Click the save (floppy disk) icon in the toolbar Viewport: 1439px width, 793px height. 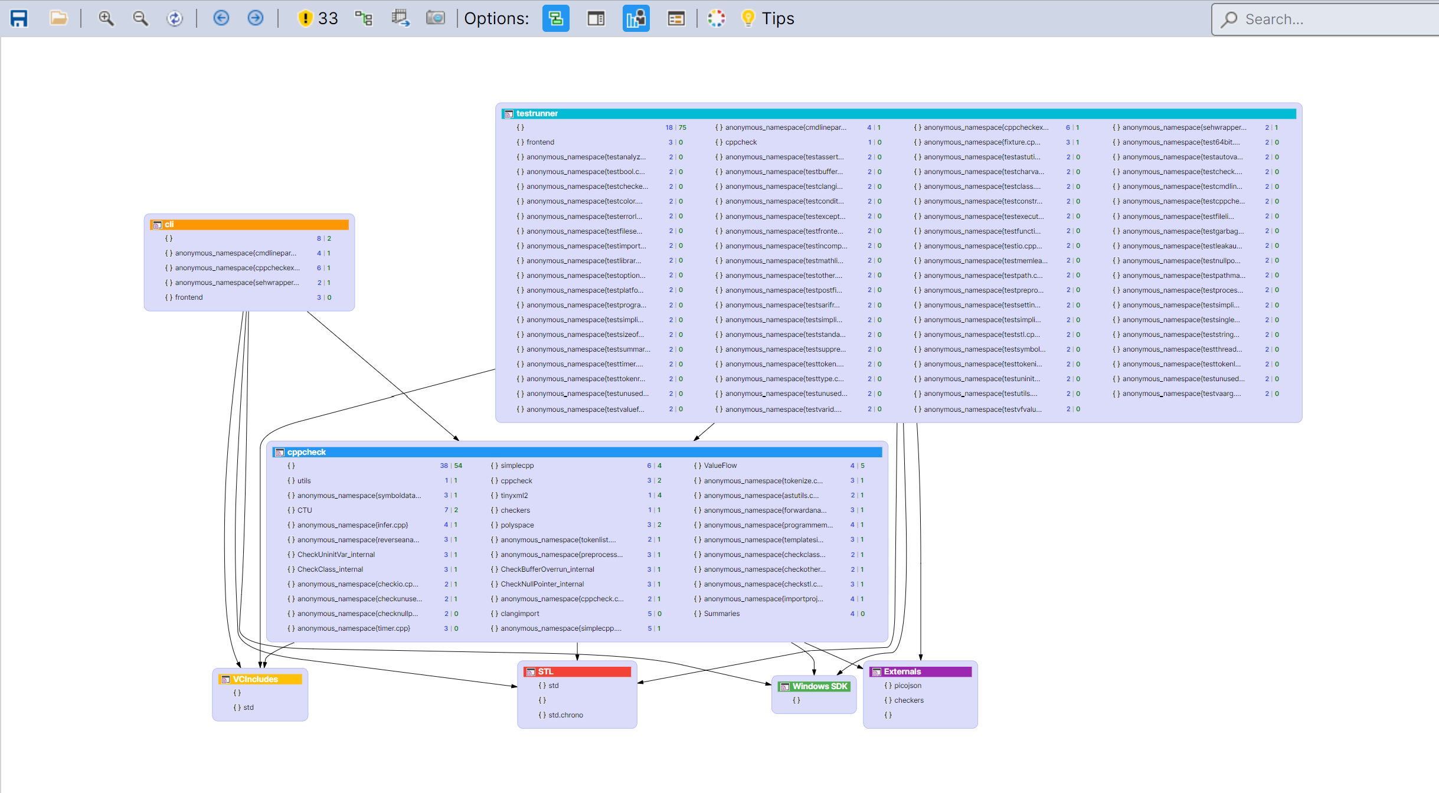point(19,18)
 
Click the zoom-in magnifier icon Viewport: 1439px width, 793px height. point(106,18)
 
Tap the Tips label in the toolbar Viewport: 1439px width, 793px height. point(777,18)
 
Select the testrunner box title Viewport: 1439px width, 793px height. point(537,113)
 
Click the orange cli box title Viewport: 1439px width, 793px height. point(169,224)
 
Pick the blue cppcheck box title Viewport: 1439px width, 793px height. point(306,452)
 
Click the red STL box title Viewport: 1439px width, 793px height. point(545,671)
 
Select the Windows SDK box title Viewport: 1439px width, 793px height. point(819,686)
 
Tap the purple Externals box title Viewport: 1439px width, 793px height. point(902,671)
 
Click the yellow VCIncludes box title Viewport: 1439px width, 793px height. point(255,679)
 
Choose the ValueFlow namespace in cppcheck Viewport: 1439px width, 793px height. point(720,466)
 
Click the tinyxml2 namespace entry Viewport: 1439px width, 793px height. point(514,495)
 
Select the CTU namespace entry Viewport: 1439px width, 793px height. point(305,510)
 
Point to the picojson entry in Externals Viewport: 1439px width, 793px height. point(907,686)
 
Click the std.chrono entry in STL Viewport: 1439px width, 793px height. point(565,715)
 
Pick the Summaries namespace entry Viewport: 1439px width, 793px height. point(721,614)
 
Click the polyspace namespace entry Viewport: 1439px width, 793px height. point(517,525)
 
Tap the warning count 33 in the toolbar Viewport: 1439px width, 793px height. point(328,18)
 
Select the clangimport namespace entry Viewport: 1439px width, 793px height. point(519,614)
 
